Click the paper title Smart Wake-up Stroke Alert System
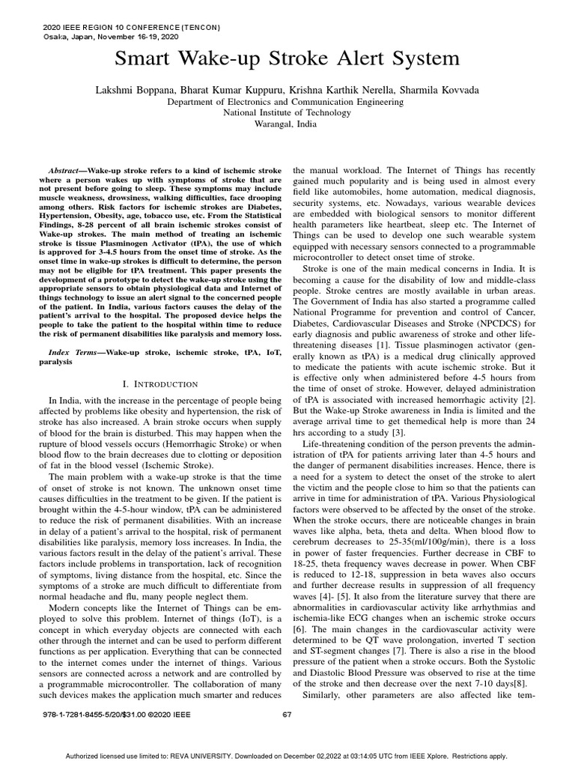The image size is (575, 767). click(x=287, y=59)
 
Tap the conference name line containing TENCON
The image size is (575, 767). click(x=124, y=28)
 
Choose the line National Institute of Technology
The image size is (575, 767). click(x=287, y=112)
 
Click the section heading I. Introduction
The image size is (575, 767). click(x=159, y=383)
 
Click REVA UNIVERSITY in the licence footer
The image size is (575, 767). click(x=228, y=757)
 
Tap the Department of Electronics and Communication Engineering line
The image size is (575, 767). click(x=287, y=101)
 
